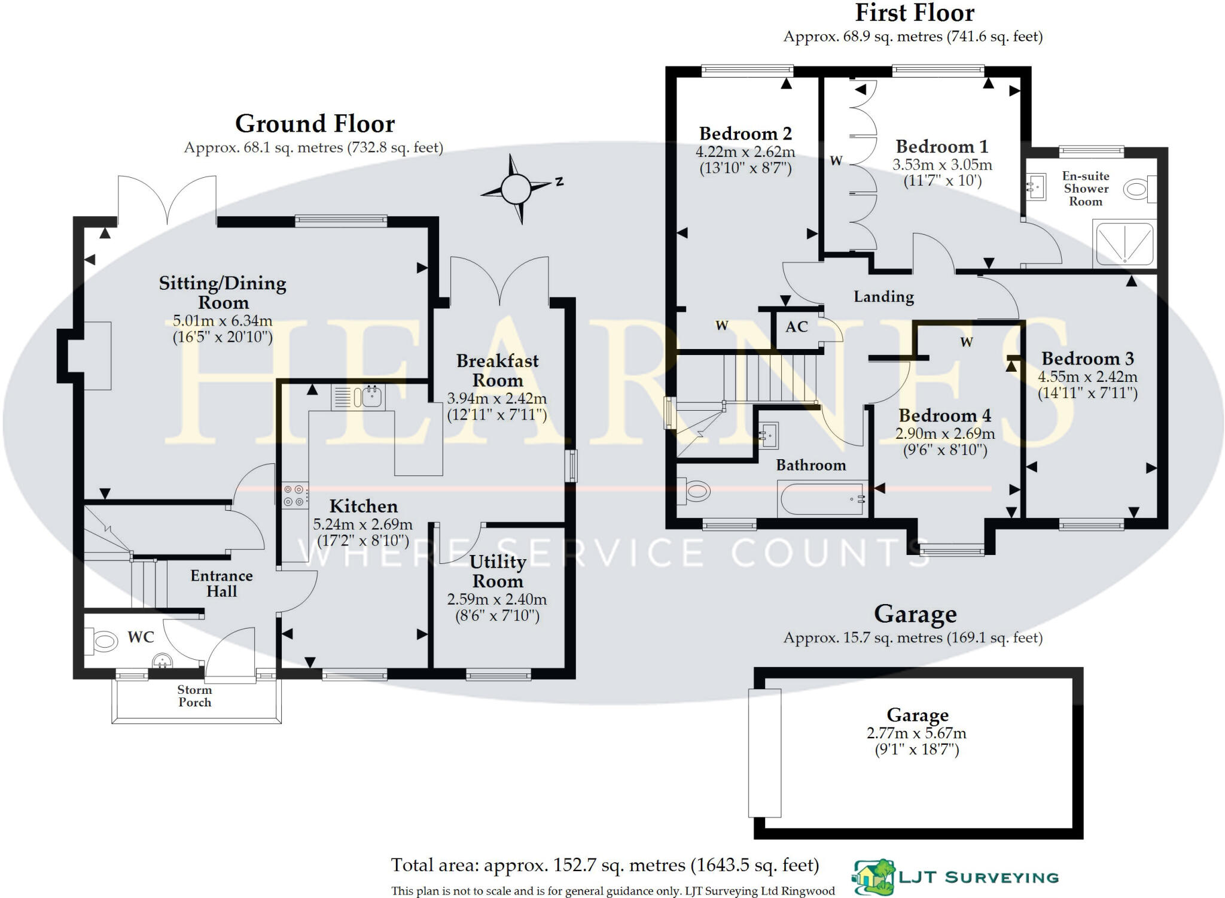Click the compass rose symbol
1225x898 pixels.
(516, 189)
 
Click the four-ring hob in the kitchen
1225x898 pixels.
(293, 495)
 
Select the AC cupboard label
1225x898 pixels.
(796, 327)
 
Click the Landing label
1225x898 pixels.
(883, 297)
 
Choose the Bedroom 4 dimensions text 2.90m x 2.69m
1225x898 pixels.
(945, 433)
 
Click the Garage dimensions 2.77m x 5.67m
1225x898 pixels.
(916, 733)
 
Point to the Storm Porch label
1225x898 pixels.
(194, 696)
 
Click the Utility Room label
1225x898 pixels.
(498, 571)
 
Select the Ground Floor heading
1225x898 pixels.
(315, 124)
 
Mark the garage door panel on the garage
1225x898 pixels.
(764, 753)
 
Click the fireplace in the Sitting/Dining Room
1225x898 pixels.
(96, 356)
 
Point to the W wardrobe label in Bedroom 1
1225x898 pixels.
(836, 160)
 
